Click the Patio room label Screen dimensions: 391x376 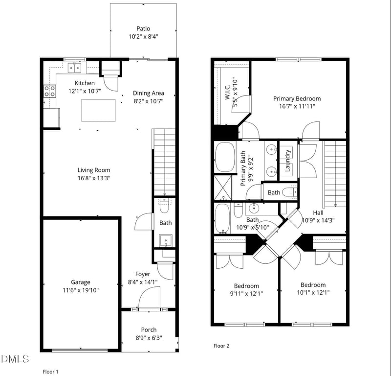click(143, 28)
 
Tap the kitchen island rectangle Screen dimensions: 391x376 click(99, 110)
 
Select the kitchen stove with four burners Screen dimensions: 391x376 click(50, 91)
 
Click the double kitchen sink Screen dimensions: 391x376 click(75, 68)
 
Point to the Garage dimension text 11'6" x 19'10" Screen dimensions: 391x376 click(81, 290)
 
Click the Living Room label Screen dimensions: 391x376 click(94, 170)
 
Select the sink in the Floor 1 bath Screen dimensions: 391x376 click(166, 240)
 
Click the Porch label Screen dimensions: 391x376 click(149, 330)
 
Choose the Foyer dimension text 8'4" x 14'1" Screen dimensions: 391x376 click(143, 282)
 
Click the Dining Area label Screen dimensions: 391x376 click(149, 93)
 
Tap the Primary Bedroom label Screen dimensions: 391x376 click(297, 98)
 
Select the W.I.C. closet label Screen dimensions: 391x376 click(227, 92)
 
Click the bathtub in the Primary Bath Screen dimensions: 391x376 click(225, 157)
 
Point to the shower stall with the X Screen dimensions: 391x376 click(223, 188)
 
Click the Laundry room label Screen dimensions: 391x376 click(287, 161)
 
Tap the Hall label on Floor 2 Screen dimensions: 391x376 click(318, 212)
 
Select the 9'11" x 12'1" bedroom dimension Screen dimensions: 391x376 click(246, 293)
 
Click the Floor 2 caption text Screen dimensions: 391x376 click(221, 346)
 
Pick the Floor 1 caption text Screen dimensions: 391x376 click(50, 372)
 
